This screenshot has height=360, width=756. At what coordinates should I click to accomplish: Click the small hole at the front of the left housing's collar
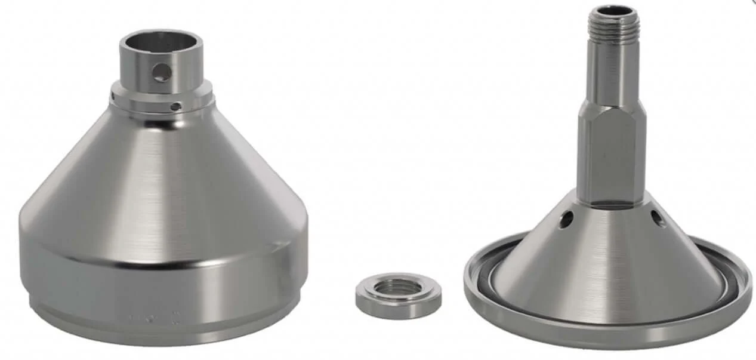pos(175,106)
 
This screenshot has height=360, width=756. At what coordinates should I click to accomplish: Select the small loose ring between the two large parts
pos(398,296)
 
